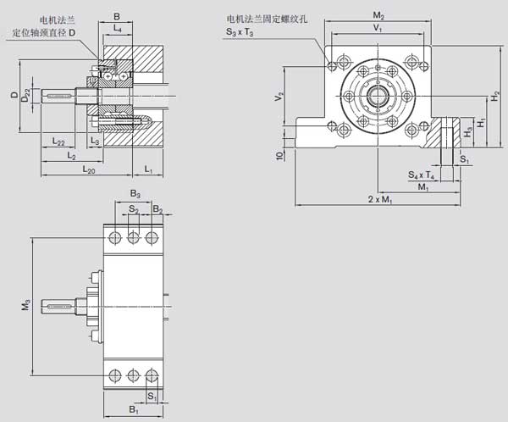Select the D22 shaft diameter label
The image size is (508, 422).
click(27, 97)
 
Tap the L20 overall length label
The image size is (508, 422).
click(89, 170)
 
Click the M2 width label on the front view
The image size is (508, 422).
click(378, 16)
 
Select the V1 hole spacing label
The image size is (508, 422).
click(378, 28)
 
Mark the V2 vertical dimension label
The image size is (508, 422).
click(279, 98)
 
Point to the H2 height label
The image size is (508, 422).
click(494, 97)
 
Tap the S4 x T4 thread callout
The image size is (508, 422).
click(421, 175)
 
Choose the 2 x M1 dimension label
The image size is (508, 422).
click(379, 199)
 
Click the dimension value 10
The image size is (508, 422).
click(279, 156)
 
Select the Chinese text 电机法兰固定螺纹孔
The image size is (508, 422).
click(266, 19)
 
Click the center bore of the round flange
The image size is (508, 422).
click(378, 95)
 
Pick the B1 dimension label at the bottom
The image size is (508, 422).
click(133, 410)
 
